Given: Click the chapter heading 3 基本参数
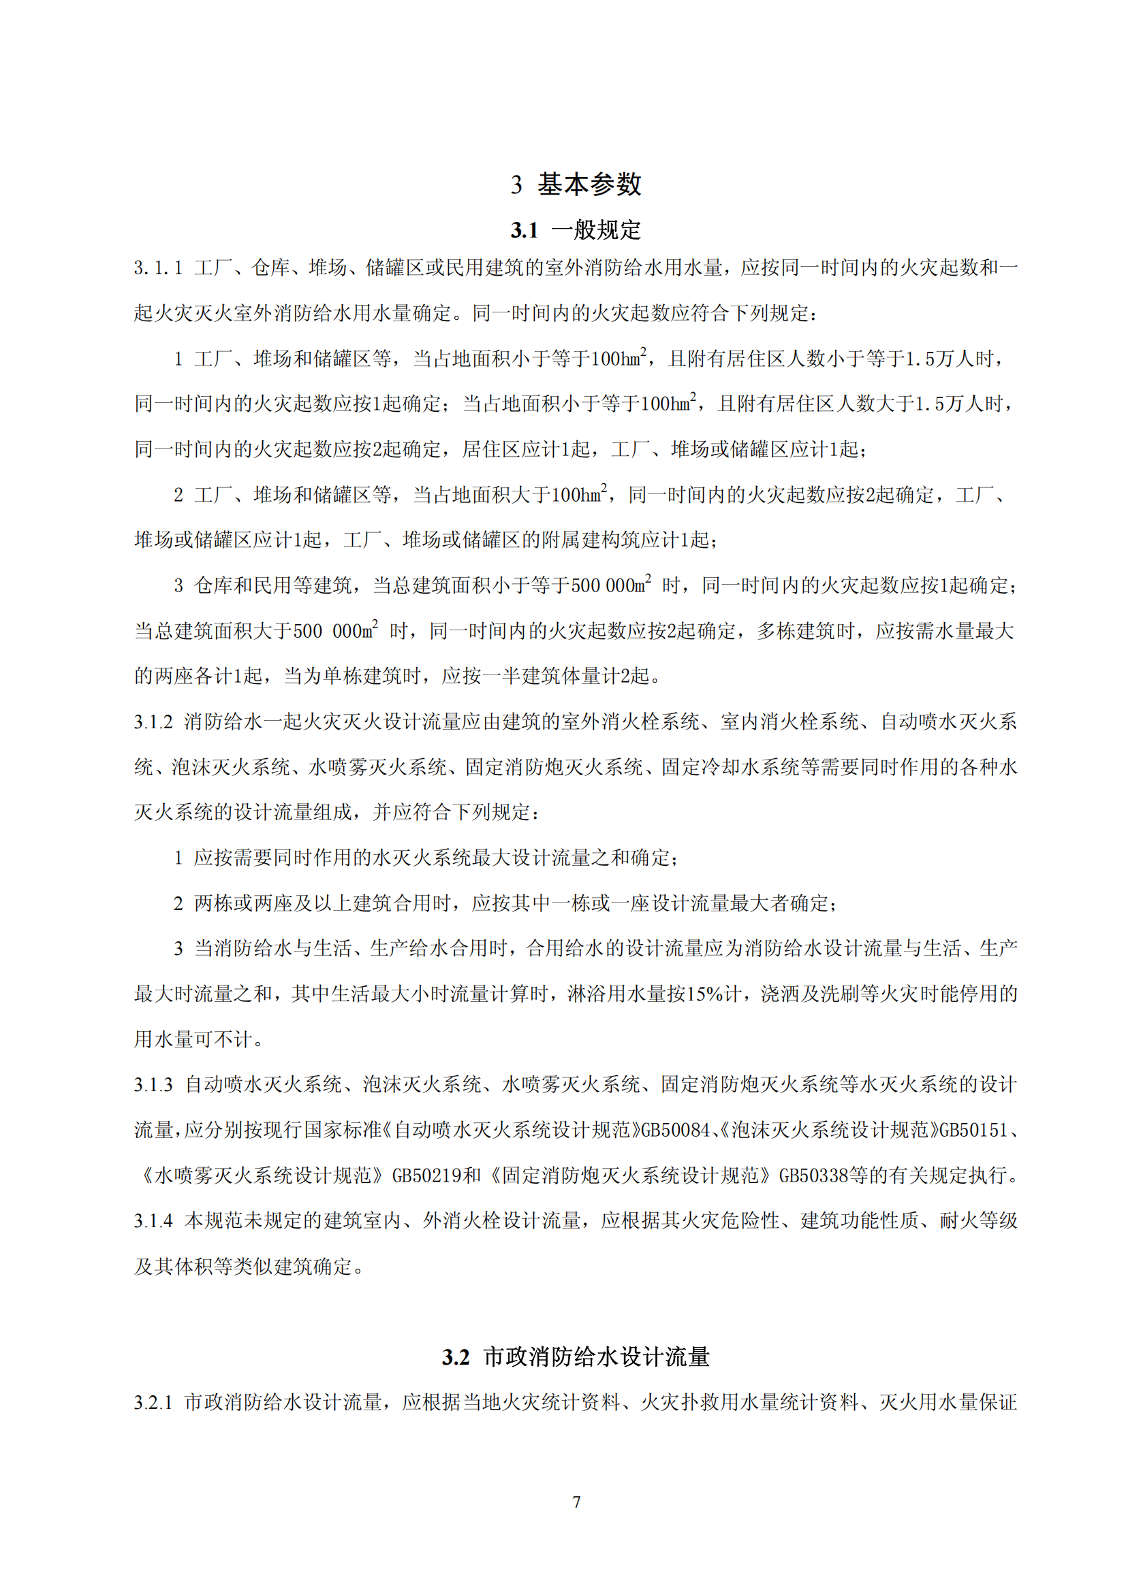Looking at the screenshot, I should coord(576,184).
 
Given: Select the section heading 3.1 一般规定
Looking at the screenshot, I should coord(576,230).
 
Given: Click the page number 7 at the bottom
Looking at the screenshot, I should coord(576,1502).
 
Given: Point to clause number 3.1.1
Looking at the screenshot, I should coord(158,268).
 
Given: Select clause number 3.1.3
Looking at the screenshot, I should coord(153,1085).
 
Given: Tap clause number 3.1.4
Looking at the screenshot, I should coord(153,1221).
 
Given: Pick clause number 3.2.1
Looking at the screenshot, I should coord(153,1403).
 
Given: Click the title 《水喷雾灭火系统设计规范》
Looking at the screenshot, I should coord(263,1176).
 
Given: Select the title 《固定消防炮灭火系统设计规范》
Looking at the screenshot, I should coord(630,1176).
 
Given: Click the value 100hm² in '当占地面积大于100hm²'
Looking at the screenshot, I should coord(580,494).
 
